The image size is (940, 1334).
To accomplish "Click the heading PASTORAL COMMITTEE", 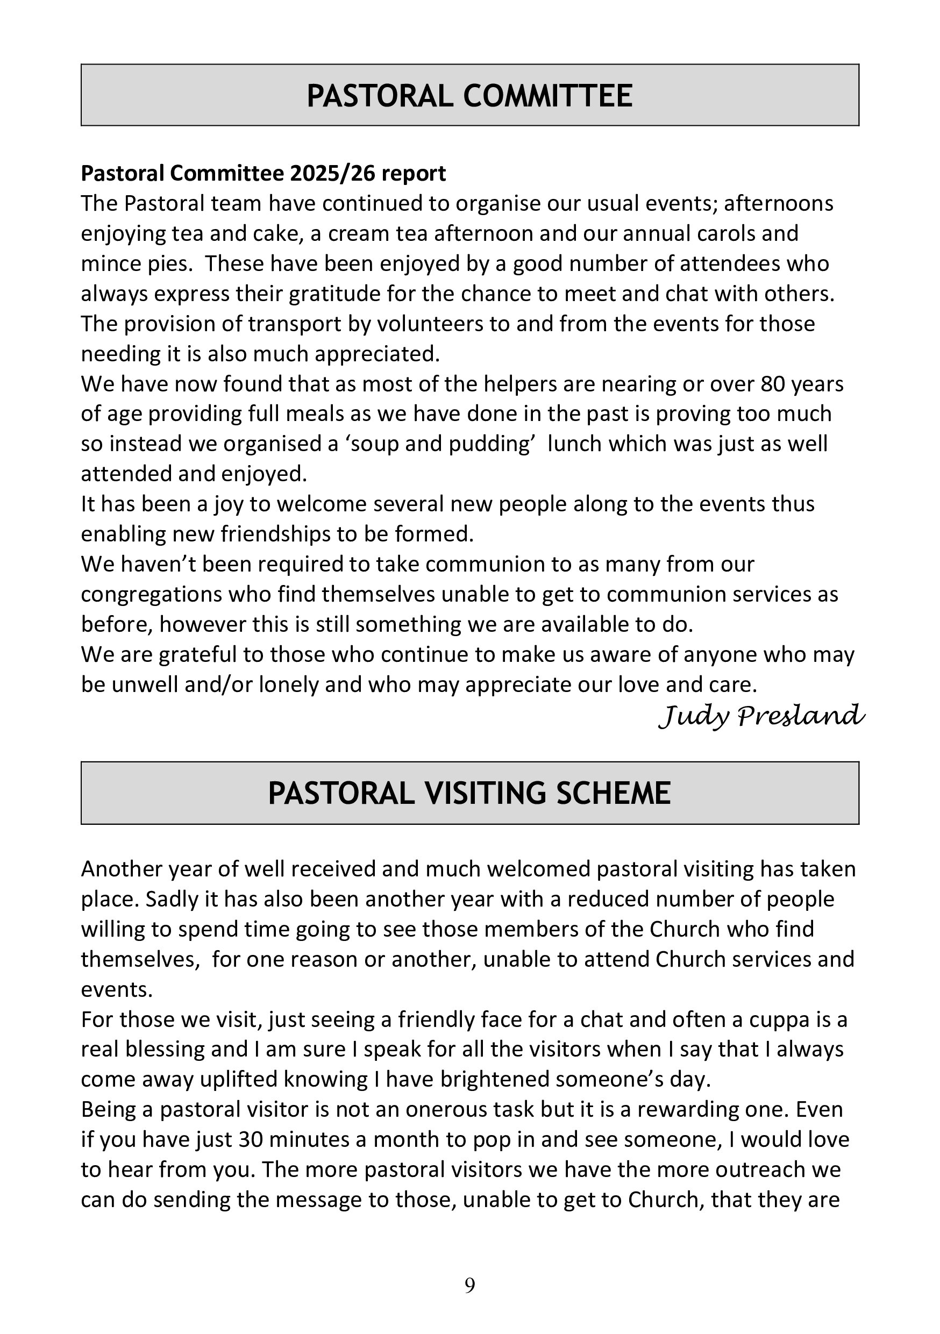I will [469, 96].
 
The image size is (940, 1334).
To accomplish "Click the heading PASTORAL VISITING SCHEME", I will [469, 793].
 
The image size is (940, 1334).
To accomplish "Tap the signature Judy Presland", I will [761, 716].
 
